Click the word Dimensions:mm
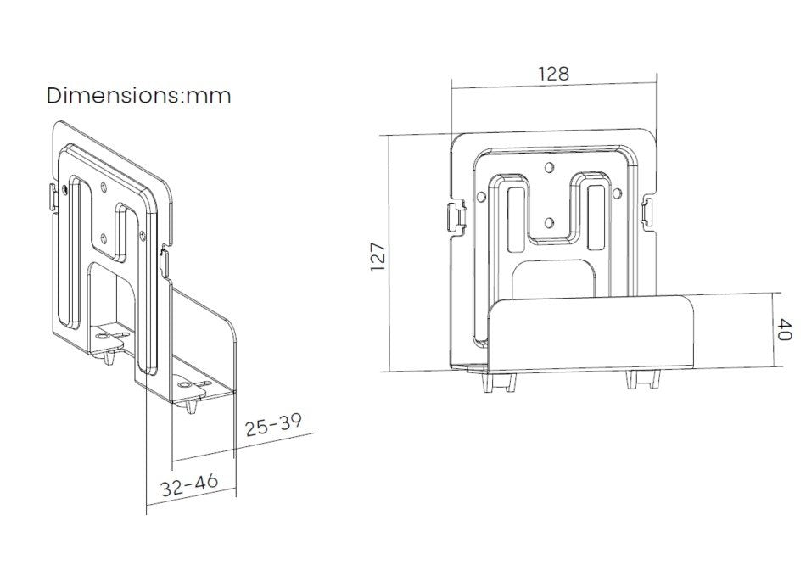point(139,95)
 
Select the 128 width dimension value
point(553,74)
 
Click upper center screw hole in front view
point(549,168)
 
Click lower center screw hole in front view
point(549,223)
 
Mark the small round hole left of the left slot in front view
point(482,197)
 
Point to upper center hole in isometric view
point(103,184)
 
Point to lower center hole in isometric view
point(104,238)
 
